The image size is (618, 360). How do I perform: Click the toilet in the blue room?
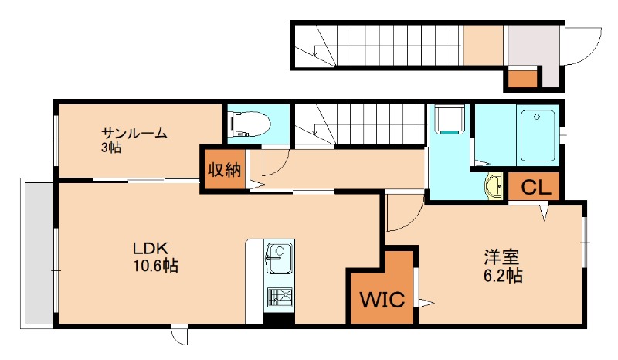(250, 124)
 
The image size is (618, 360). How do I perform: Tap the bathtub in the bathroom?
(538, 135)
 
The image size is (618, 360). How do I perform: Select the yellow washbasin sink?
(493, 186)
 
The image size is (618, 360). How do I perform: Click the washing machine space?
(450, 119)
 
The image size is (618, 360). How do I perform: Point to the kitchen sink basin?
(280, 258)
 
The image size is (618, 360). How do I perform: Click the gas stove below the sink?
(280, 297)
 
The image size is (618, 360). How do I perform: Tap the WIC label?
(382, 300)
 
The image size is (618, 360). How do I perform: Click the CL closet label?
(535, 188)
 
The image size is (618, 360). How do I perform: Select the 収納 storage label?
(224, 170)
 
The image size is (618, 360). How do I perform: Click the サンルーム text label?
(134, 133)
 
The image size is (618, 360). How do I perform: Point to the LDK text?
(151, 249)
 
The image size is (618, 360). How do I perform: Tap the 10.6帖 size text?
(155, 267)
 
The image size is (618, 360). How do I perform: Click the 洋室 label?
(501, 257)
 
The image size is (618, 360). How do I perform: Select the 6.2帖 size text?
(503, 276)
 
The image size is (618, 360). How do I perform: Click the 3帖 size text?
(111, 148)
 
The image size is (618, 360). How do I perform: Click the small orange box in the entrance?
(522, 78)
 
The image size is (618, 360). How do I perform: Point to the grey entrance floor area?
(533, 46)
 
